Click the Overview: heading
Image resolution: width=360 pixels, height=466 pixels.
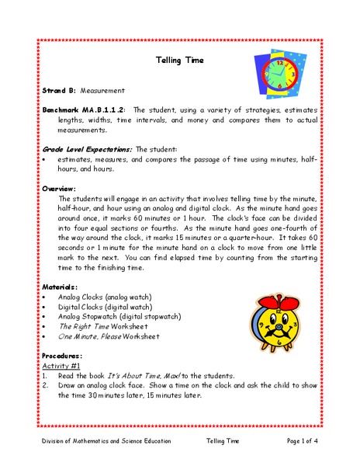59,188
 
